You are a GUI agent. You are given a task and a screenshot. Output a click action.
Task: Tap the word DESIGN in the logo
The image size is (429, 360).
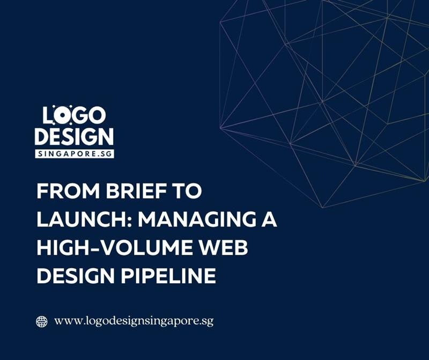point(74,137)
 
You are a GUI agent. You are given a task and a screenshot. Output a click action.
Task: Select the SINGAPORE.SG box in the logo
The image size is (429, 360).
point(74,153)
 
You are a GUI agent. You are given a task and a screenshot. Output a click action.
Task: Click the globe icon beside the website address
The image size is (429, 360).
point(41,321)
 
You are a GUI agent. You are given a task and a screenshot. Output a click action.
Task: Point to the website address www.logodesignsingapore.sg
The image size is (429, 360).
point(134,321)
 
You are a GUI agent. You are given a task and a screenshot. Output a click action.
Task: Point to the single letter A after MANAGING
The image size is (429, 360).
point(269,221)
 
